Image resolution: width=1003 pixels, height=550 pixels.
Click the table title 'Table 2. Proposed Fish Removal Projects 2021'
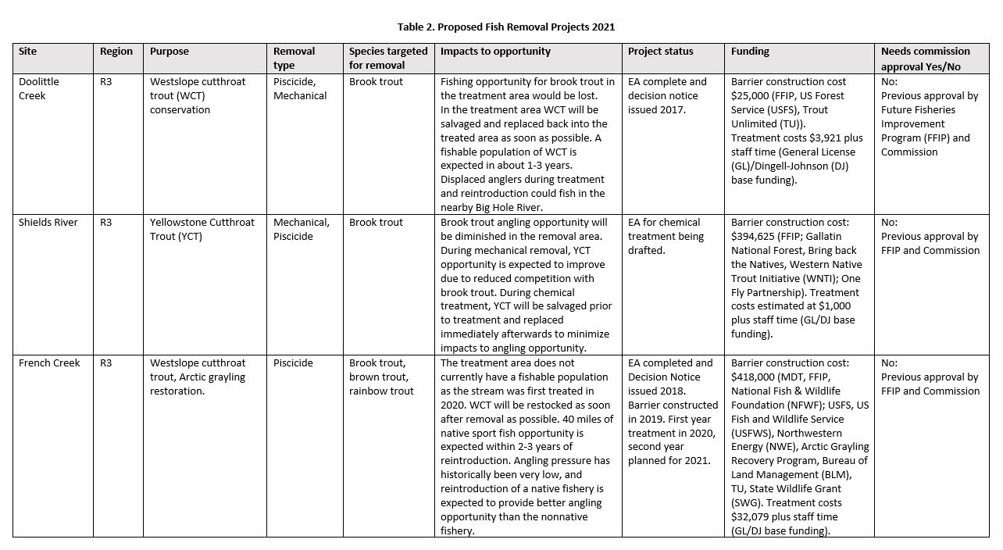click(505, 27)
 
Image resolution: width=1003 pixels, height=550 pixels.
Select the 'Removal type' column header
click(294, 59)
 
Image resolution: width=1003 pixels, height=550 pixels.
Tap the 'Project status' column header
click(660, 52)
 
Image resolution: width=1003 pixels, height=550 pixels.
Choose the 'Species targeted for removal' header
click(388, 59)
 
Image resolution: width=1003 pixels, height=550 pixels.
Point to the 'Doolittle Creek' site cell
click(39, 88)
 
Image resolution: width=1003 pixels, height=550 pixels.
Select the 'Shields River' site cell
click(48, 223)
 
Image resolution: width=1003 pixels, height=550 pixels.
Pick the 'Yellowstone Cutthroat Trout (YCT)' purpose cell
click(202, 230)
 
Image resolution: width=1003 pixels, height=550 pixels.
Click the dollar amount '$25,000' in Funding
click(748, 96)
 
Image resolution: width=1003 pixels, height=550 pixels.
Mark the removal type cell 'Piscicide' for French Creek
click(293, 363)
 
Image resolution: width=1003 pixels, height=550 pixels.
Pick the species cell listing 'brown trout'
click(378, 377)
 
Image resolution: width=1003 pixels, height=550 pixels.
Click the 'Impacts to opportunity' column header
click(495, 52)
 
